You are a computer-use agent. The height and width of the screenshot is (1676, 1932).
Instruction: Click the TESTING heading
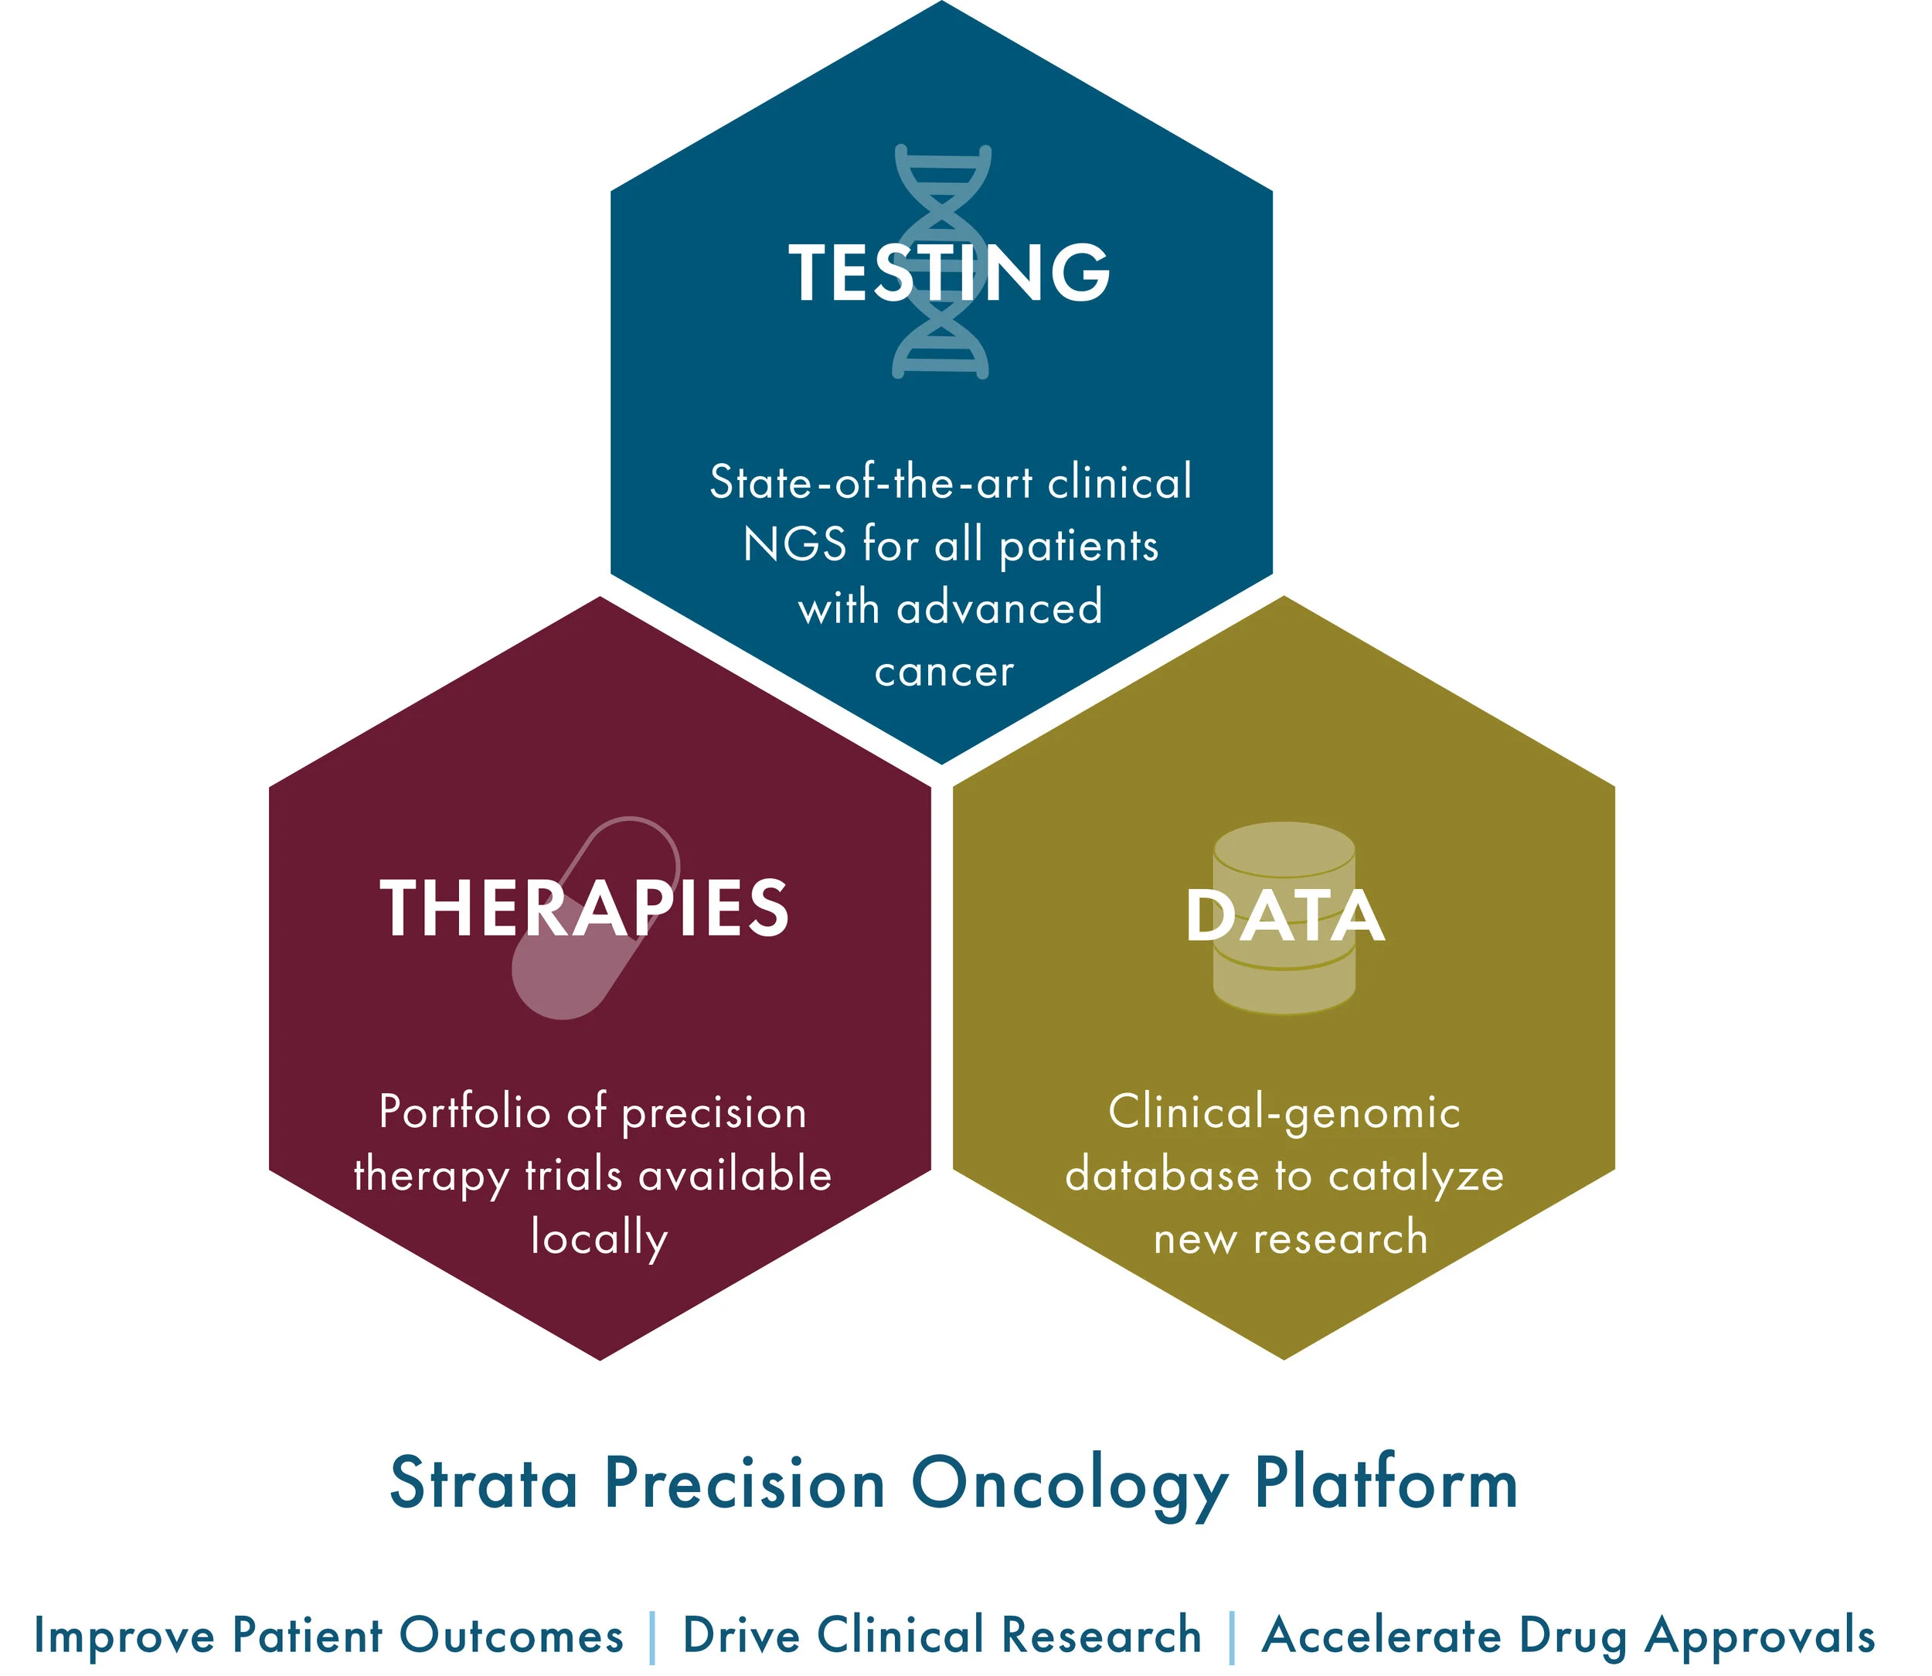coord(948,272)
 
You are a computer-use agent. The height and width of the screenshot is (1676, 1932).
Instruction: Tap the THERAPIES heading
coord(584,908)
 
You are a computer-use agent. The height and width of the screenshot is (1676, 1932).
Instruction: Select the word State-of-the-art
coord(871,482)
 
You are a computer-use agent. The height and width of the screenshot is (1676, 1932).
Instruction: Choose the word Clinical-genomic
coord(1284,1112)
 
